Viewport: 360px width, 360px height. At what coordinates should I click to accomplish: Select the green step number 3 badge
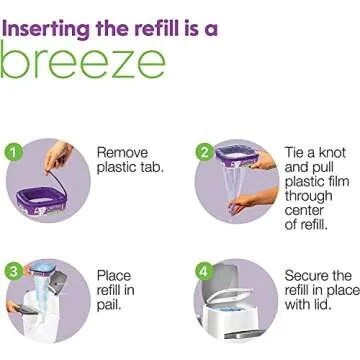pyautogui.click(x=13, y=241)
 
